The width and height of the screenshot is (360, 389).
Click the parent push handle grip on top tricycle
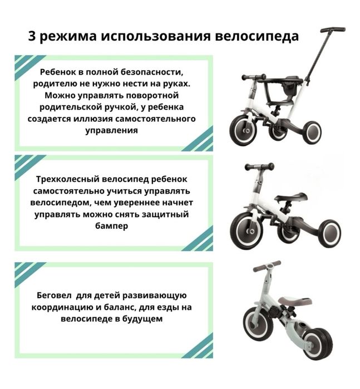[333, 29]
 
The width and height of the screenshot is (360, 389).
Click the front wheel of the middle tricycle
[246, 230]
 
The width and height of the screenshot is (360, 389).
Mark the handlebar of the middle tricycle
[259, 166]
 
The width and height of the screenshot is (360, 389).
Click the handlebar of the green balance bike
[266, 267]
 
